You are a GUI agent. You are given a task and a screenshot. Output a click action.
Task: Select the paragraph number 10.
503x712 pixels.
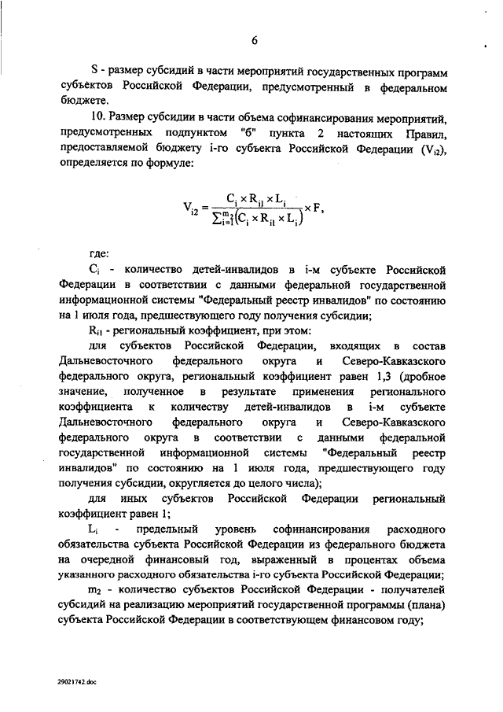[95, 119]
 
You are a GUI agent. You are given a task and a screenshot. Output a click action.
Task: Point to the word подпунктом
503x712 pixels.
[192, 134]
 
